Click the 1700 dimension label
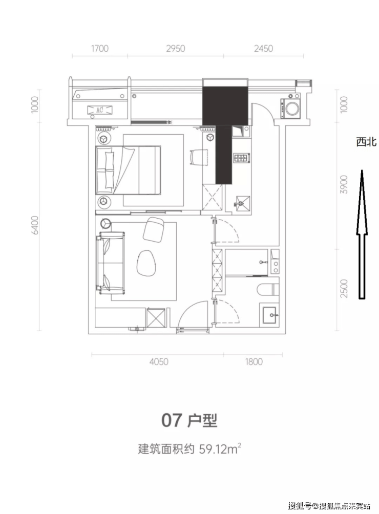(x=100, y=49)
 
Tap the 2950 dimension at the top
(x=175, y=49)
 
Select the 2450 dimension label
(x=263, y=49)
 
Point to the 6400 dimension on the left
(x=35, y=225)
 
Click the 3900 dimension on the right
(x=344, y=184)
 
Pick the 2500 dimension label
(x=344, y=288)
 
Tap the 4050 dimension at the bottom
(x=159, y=361)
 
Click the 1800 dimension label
(x=254, y=361)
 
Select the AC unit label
(x=100, y=110)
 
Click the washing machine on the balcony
(x=290, y=107)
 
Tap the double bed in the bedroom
(x=128, y=170)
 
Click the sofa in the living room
(x=111, y=262)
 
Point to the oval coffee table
(x=146, y=263)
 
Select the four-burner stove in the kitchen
(x=242, y=158)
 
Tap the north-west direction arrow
(x=362, y=234)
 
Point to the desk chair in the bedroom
(x=198, y=157)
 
